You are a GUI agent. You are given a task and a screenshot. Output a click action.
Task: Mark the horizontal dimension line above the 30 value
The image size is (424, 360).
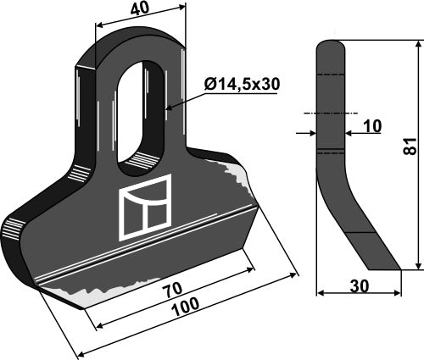pos(358,295)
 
